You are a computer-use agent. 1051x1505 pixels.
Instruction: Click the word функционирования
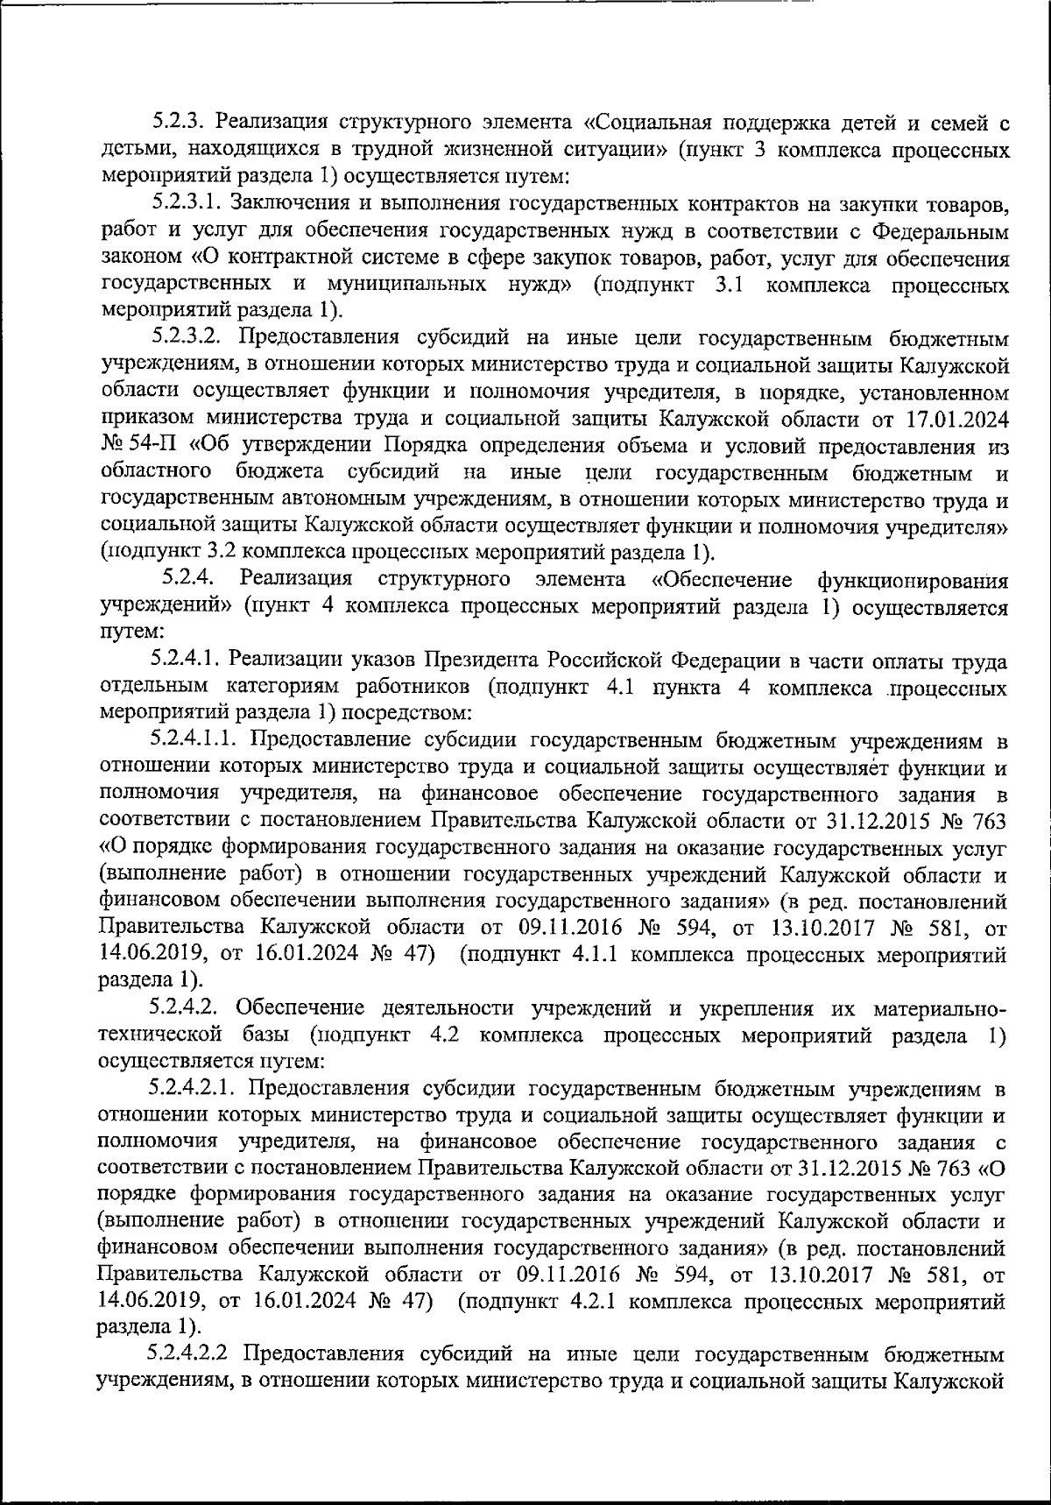(911, 579)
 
